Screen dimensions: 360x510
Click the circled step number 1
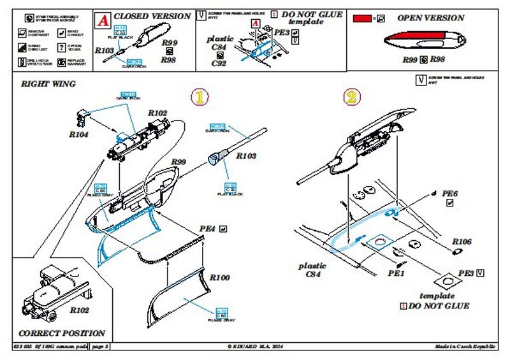point(200,97)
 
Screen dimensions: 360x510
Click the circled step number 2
point(353,97)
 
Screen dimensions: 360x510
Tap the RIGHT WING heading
point(48,84)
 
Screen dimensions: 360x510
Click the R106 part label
point(462,242)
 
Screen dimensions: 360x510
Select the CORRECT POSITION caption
point(62,333)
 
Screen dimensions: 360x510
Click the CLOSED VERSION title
point(152,16)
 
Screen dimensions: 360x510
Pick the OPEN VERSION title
point(431,18)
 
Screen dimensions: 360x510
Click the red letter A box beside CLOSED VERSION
point(101,20)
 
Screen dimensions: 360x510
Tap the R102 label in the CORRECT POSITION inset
point(79,310)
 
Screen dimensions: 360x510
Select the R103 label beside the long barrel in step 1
point(247,155)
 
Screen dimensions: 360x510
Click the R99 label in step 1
point(178,162)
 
